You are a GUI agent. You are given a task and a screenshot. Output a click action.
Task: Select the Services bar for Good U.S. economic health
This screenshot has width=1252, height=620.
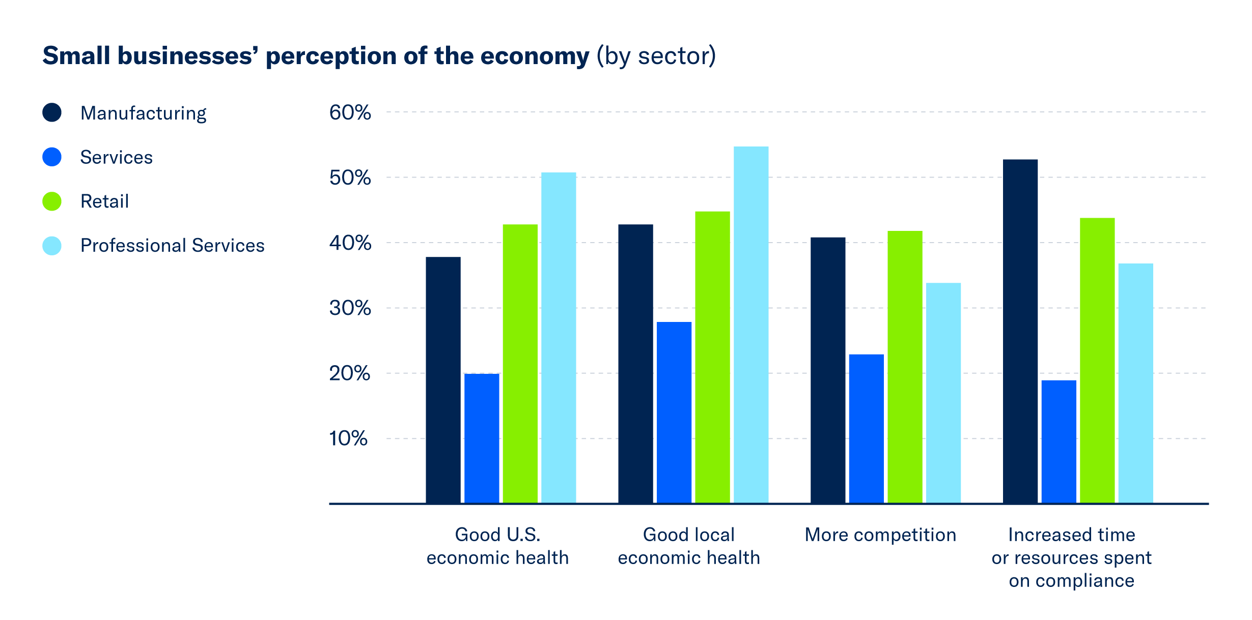click(482, 438)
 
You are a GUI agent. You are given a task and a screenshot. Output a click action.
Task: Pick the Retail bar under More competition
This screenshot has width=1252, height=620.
click(905, 367)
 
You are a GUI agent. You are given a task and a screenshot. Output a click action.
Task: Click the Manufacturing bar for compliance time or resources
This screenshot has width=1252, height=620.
click(1020, 331)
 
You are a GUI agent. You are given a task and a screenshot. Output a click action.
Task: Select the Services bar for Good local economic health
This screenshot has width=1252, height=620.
click(674, 412)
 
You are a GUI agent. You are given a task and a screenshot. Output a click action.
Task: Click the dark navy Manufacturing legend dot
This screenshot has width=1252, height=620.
click(52, 112)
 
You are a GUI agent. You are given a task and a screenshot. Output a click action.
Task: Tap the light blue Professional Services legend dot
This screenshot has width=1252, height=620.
click(52, 246)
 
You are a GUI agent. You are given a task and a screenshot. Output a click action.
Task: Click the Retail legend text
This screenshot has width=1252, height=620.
click(104, 201)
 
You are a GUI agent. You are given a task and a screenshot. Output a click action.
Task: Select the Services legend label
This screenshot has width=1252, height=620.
click(116, 157)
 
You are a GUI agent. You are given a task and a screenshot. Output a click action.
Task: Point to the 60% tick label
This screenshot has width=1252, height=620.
click(350, 112)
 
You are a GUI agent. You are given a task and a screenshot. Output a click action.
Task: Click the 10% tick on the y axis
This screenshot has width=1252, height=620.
click(348, 438)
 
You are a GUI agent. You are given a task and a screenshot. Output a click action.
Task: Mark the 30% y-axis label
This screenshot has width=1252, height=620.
click(350, 308)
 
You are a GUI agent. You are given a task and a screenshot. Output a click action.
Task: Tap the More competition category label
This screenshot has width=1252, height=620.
click(880, 535)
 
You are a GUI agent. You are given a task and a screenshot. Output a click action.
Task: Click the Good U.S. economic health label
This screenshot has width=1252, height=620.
click(497, 546)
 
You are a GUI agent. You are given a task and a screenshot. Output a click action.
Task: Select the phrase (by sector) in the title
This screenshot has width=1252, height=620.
click(656, 56)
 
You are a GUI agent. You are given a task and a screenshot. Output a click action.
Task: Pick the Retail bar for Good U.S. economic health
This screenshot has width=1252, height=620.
click(520, 363)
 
